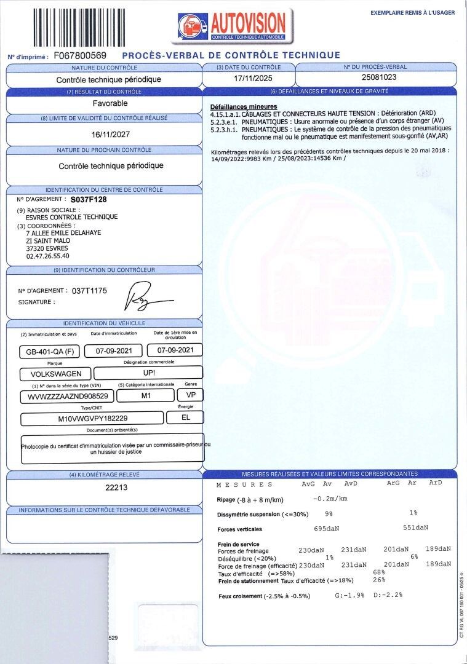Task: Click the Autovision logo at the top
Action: coord(232,25)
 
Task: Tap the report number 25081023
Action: coord(376,78)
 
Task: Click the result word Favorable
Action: coord(105,103)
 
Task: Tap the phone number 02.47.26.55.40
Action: coord(48,256)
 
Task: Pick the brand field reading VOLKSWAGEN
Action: coord(55,373)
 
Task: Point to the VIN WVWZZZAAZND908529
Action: coord(68,397)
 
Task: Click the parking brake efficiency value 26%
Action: coord(379,580)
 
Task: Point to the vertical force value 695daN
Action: coord(326,529)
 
